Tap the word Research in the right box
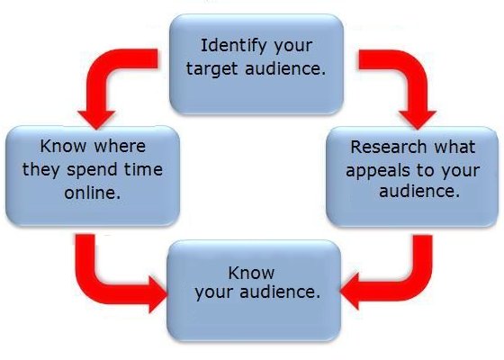[388, 147]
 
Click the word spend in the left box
[92, 170]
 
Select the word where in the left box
[120, 147]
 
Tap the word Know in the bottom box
[251, 273]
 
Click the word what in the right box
[454, 147]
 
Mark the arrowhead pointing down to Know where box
[96, 120]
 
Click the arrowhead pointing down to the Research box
[418, 120]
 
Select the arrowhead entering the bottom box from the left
[158, 294]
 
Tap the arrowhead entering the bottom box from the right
[350, 292]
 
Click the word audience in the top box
[285, 68]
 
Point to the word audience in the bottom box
[280, 292]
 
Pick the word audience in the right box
[419, 191]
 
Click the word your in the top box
[292, 47]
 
